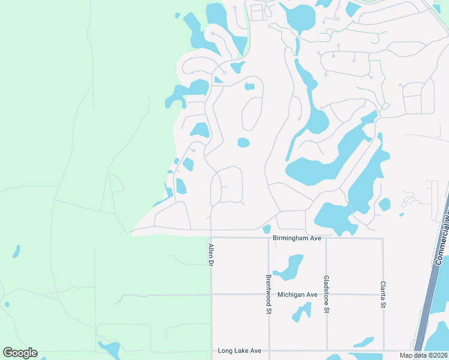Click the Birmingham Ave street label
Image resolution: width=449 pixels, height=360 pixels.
click(297, 238)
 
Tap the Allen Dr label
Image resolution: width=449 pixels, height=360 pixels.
click(211, 255)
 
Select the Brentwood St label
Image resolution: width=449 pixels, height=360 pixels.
click(269, 294)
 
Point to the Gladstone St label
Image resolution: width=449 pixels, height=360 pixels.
click(326, 295)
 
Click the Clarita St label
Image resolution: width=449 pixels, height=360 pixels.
click(382, 295)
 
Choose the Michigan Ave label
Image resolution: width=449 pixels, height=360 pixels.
click(297, 295)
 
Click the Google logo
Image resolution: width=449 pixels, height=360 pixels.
click(20, 353)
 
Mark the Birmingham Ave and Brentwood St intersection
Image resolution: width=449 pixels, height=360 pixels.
click(268, 238)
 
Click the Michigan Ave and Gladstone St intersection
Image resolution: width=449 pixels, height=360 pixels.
click(326, 295)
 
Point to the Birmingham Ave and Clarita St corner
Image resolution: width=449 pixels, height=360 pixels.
click(382, 238)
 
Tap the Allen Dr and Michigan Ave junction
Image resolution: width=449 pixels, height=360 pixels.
click(211, 295)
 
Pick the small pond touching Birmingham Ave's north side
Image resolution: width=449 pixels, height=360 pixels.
click(267, 229)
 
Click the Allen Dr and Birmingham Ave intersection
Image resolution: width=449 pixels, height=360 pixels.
click(211, 238)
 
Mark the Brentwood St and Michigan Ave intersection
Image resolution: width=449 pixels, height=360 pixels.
click(268, 295)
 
